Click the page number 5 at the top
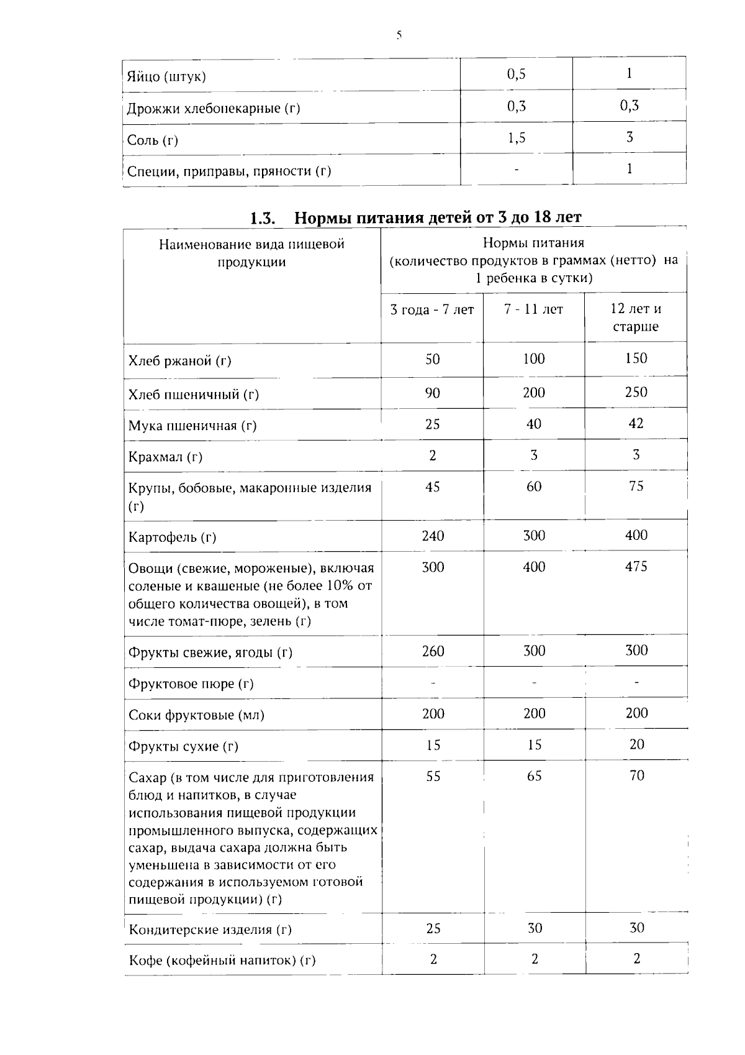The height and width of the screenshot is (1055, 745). click(399, 35)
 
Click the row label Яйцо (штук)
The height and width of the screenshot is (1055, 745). click(166, 77)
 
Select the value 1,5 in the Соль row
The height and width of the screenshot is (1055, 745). click(516, 138)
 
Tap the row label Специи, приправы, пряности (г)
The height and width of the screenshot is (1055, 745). click(229, 171)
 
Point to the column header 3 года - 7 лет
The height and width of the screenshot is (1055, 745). click(431, 309)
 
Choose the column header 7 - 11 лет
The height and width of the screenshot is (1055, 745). click(533, 309)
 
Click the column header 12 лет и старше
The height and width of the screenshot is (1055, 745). click(635, 317)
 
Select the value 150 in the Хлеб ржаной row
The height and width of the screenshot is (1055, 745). click(636, 359)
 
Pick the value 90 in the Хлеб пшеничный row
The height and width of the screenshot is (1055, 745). click(433, 393)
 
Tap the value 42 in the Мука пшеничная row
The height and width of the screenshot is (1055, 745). click(636, 424)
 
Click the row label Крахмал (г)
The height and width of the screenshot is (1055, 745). click(165, 457)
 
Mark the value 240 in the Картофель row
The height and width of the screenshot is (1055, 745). click(433, 536)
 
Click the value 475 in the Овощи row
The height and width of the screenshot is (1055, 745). click(636, 567)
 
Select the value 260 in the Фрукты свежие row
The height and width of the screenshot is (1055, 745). click(433, 651)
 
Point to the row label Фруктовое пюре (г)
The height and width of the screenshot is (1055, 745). click(191, 684)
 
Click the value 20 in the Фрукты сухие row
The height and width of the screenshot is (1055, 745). click(636, 744)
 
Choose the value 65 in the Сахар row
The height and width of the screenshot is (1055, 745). click(534, 776)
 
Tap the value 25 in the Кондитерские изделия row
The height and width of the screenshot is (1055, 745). click(433, 928)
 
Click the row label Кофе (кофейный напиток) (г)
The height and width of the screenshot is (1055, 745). click(222, 961)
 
